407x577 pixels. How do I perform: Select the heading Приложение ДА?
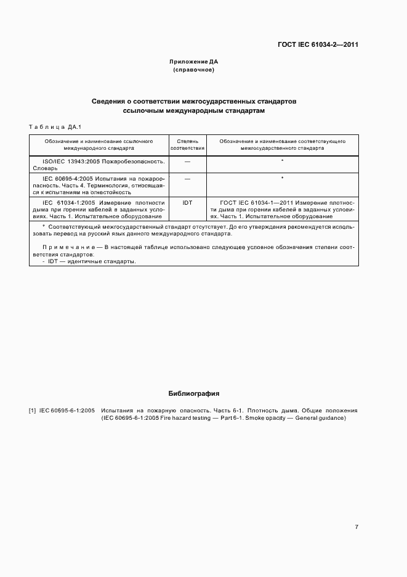click(x=194, y=62)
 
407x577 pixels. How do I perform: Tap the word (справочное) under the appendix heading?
click(x=194, y=70)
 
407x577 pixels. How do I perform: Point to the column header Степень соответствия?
click(x=187, y=145)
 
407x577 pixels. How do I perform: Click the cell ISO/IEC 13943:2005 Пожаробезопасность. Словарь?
click(x=99, y=165)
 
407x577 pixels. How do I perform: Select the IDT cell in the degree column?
click(x=187, y=202)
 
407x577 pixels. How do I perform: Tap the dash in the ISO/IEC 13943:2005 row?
click(x=187, y=161)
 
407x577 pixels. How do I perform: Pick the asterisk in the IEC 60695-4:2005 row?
click(x=282, y=178)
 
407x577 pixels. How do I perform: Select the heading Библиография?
click(x=194, y=393)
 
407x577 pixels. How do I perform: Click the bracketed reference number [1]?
click(x=33, y=410)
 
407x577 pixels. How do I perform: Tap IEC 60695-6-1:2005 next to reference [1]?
click(x=67, y=410)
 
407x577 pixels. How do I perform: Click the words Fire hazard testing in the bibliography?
click(x=183, y=419)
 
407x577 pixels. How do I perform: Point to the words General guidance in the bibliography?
click(x=320, y=419)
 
